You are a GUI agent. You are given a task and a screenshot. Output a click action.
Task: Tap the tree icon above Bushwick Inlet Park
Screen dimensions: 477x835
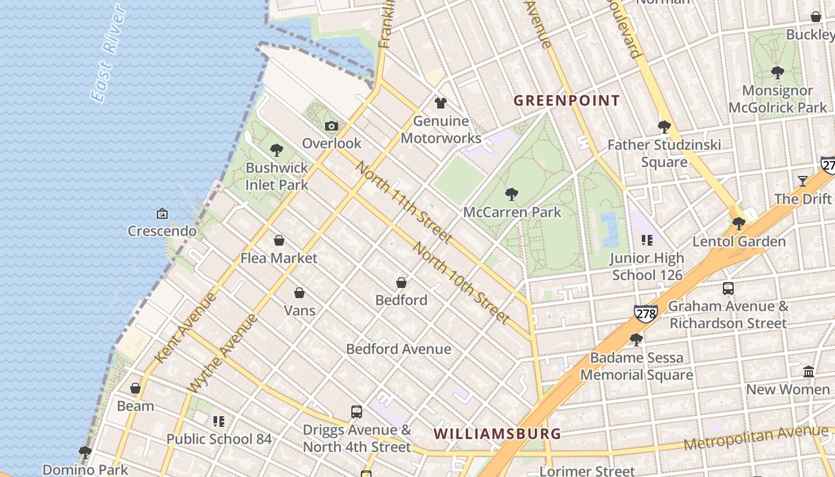pos(276,150)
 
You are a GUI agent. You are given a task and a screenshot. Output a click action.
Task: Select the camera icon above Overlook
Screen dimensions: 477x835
pos(332,126)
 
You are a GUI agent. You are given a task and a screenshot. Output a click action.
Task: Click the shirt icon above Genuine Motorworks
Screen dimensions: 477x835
pos(441,103)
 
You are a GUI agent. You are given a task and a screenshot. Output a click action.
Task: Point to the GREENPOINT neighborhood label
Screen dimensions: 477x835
pos(567,100)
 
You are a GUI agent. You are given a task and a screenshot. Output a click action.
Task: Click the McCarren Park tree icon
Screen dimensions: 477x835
pos(511,194)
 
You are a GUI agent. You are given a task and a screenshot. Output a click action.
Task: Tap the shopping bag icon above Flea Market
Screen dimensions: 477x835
pos(279,240)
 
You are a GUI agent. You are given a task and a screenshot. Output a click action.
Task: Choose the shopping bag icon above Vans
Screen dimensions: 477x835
pos(299,293)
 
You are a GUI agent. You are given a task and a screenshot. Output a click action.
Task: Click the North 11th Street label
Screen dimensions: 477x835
pos(403,202)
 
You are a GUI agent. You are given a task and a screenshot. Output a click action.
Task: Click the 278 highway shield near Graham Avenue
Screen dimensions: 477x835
pos(645,312)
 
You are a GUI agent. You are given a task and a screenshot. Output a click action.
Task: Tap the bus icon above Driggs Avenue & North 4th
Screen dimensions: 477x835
pos(356,411)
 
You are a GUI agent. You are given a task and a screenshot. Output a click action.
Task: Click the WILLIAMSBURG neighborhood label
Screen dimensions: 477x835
pos(497,433)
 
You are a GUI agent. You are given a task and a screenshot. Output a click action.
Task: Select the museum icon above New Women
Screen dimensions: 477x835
pos(809,371)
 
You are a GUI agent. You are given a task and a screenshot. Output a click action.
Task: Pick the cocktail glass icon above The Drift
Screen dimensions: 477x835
pos(803,181)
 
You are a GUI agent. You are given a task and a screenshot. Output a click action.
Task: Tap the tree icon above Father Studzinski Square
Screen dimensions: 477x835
pos(664,126)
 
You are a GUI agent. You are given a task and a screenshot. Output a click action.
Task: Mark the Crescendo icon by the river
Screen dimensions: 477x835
pos(162,213)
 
